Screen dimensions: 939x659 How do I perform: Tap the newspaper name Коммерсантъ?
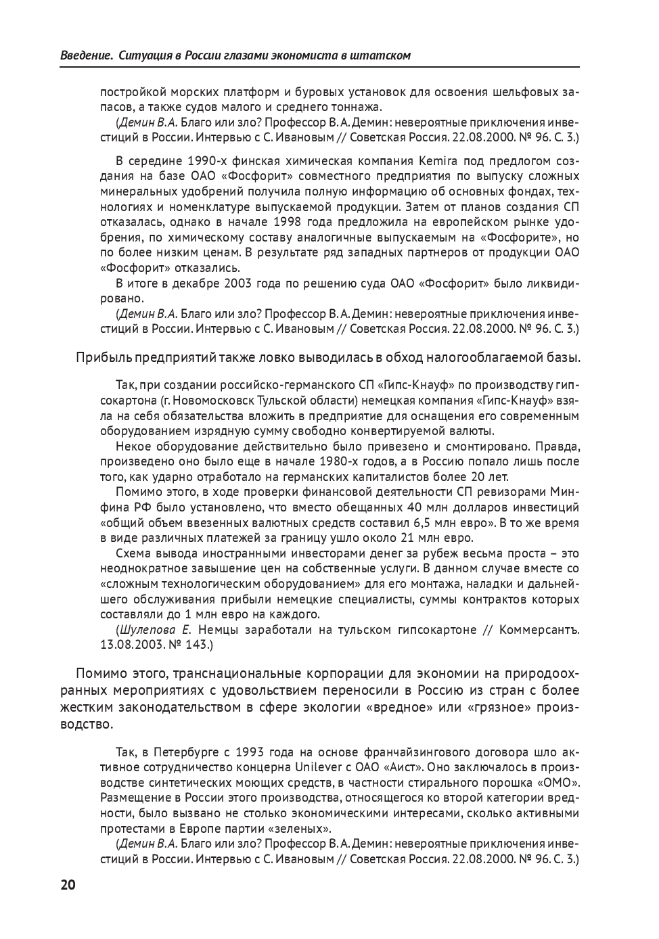coord(539,630)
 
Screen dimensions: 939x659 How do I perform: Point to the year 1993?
coord(251,752)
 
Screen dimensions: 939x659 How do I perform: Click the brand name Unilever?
coord(321,768)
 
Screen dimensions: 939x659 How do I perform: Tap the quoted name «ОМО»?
coord(560,783)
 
